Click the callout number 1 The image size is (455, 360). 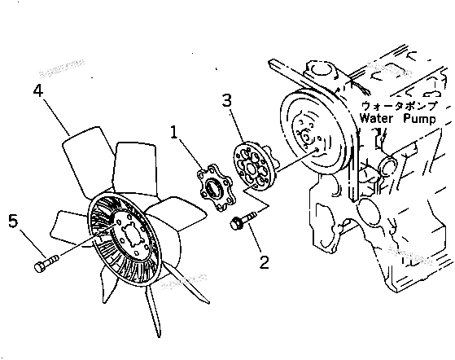175,131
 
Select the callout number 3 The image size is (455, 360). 228,101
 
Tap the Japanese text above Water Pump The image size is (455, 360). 399,106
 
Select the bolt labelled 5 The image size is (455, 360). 46,263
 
